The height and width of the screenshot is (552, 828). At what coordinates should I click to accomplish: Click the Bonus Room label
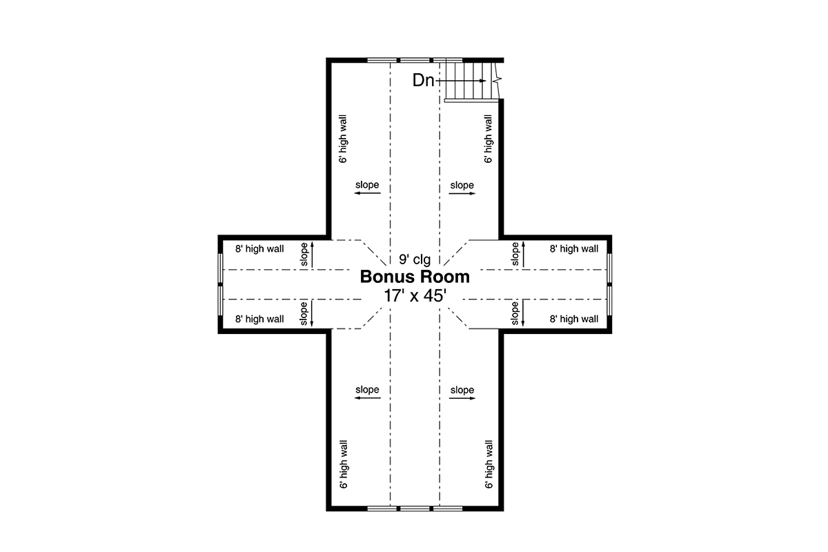coord(415,277)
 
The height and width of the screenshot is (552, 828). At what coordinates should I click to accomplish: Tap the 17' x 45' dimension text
coord(415,296)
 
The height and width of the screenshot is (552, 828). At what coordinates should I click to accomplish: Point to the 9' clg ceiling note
coord(415,259)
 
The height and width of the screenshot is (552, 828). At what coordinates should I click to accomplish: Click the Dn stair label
coord(423,80)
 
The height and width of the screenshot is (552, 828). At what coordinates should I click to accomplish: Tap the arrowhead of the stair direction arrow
coord(483,81)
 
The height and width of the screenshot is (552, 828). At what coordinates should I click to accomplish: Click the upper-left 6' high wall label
coord(343,139)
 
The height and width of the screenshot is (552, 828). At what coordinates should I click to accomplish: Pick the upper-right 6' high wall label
coord(489,139)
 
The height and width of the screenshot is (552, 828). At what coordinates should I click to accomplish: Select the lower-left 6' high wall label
coord(344,464)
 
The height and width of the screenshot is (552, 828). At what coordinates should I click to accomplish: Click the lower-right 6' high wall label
coord(489,464)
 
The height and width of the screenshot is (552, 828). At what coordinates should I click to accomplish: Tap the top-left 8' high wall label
coord(259,249)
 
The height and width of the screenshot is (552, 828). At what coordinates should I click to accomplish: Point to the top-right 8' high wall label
coord(573,249)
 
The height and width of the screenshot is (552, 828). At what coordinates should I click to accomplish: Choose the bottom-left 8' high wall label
coord(259,319)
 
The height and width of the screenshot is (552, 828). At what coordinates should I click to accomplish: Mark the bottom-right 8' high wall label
coord(573,319)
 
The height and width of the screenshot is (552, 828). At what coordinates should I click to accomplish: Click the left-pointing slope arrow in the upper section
coord(367,193)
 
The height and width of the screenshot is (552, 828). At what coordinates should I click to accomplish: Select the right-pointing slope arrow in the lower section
coord(462,398)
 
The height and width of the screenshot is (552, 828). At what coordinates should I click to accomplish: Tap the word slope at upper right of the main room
coord(462,185)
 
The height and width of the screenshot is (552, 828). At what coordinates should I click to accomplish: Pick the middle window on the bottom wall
coord(415,509)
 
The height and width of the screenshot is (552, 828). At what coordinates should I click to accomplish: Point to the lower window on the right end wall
coord(609,301)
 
